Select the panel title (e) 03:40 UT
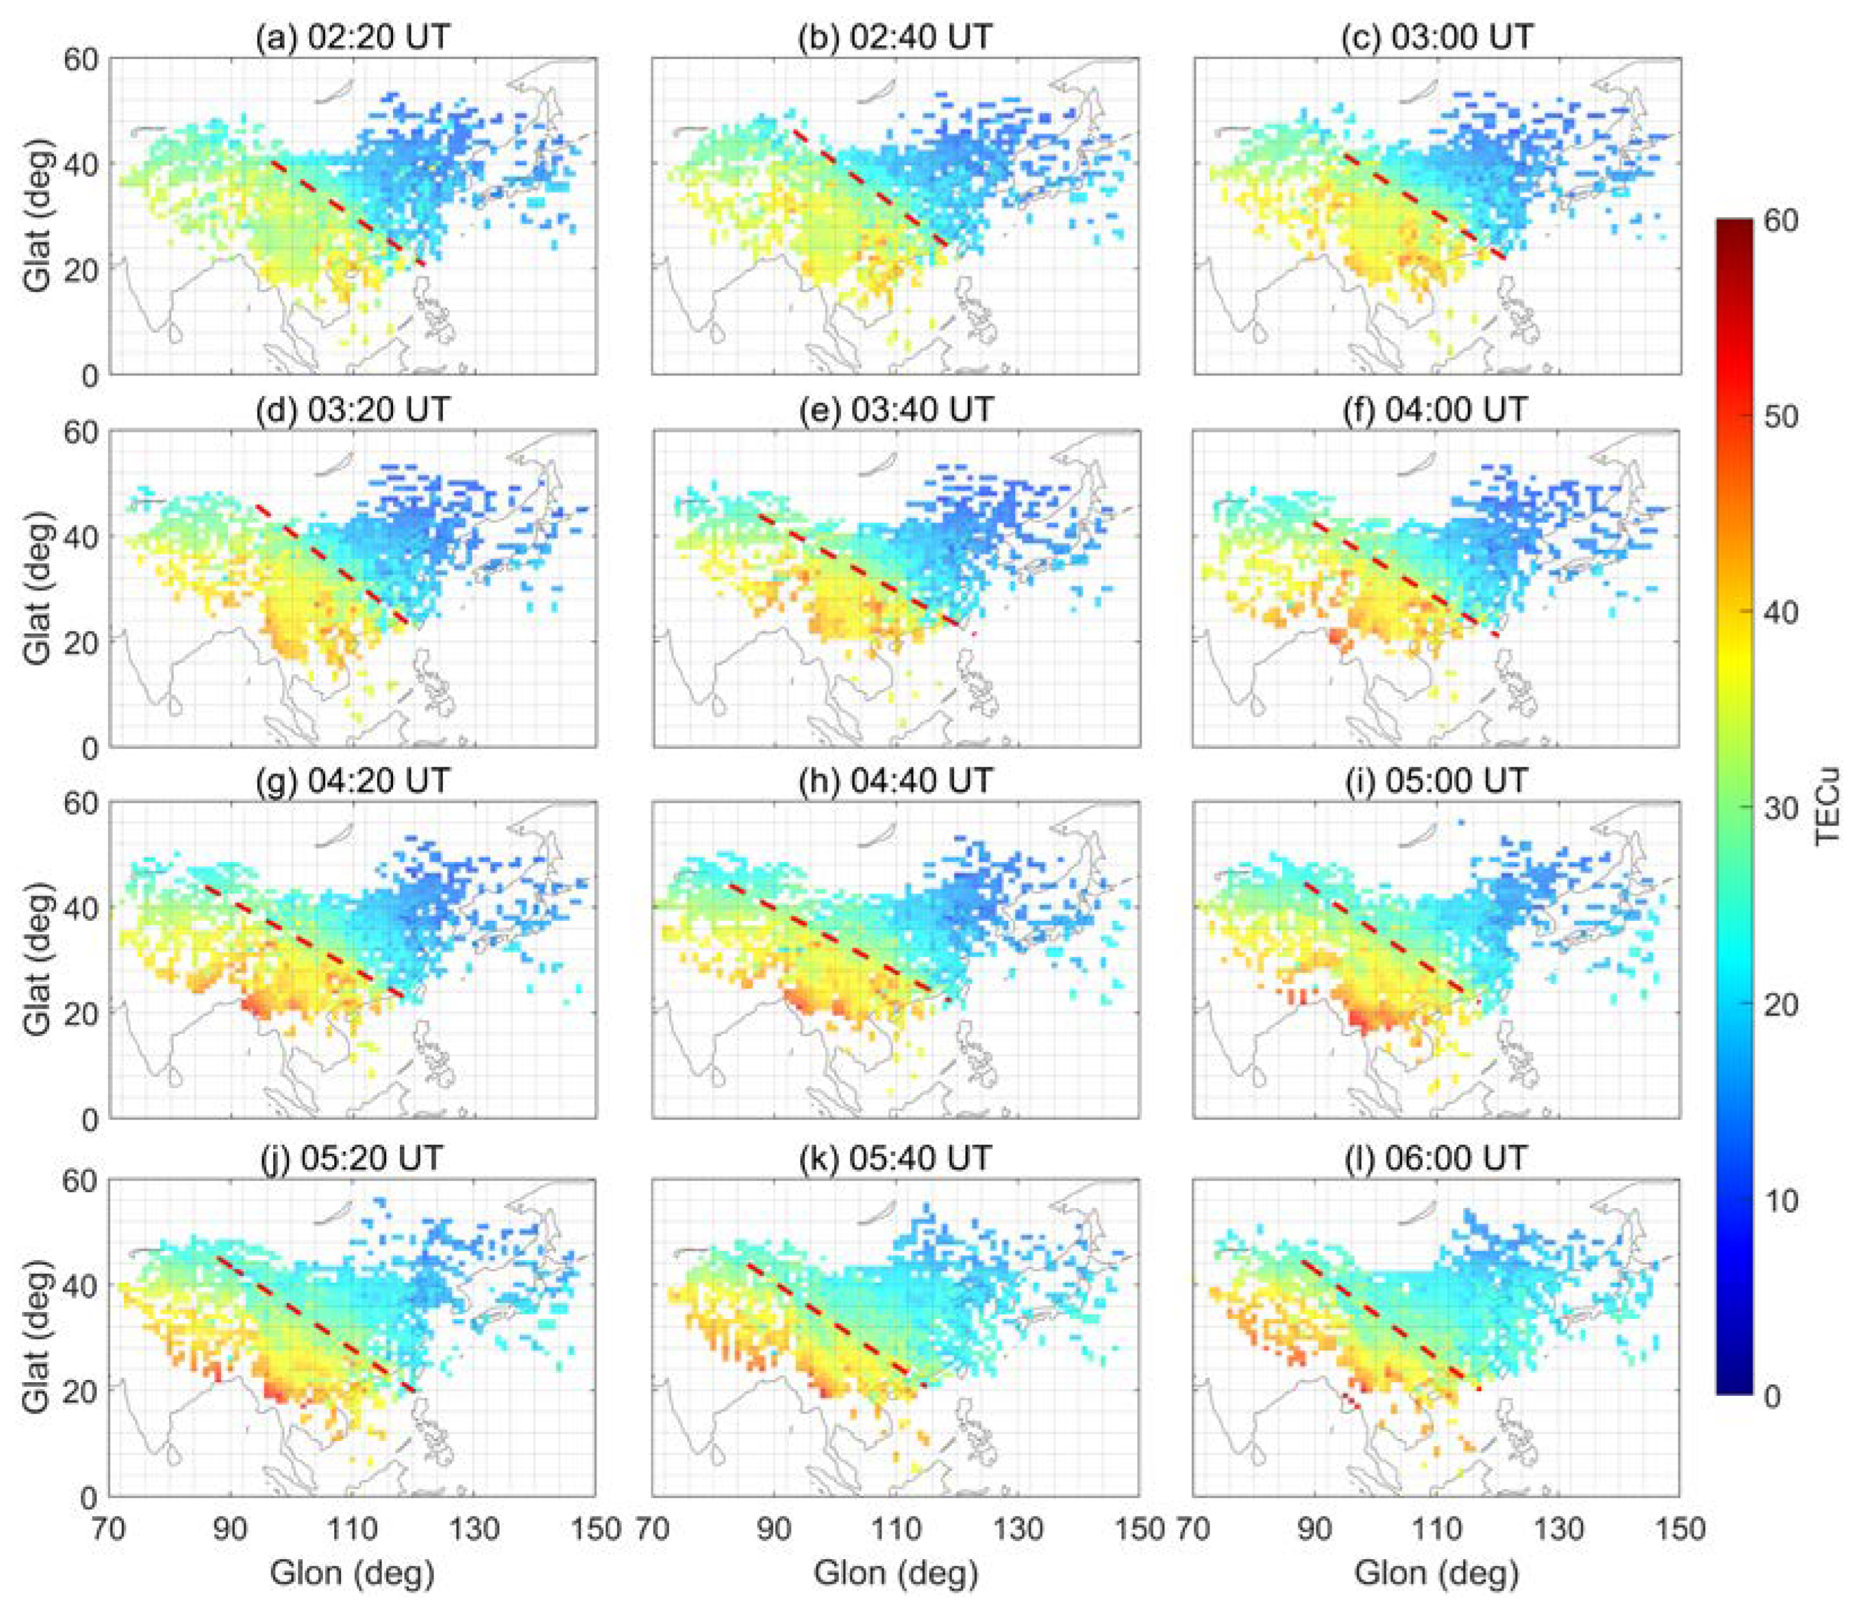[895, 410]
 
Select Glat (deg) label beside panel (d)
[38, 588]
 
